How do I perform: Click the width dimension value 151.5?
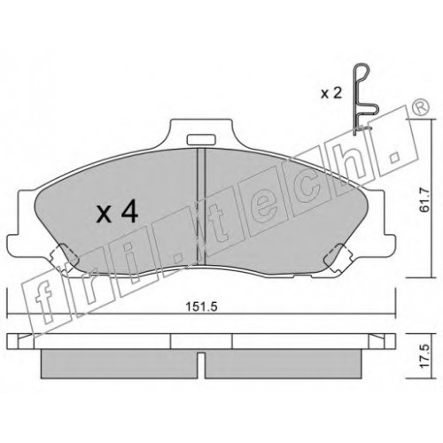click(201, 307)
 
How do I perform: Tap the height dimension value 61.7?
click(424, 200)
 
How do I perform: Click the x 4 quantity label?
click(117, 211)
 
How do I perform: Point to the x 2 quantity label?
click(331, 94)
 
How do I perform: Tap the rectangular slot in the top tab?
click(201, 140)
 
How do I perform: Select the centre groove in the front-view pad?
click(201, 206)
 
